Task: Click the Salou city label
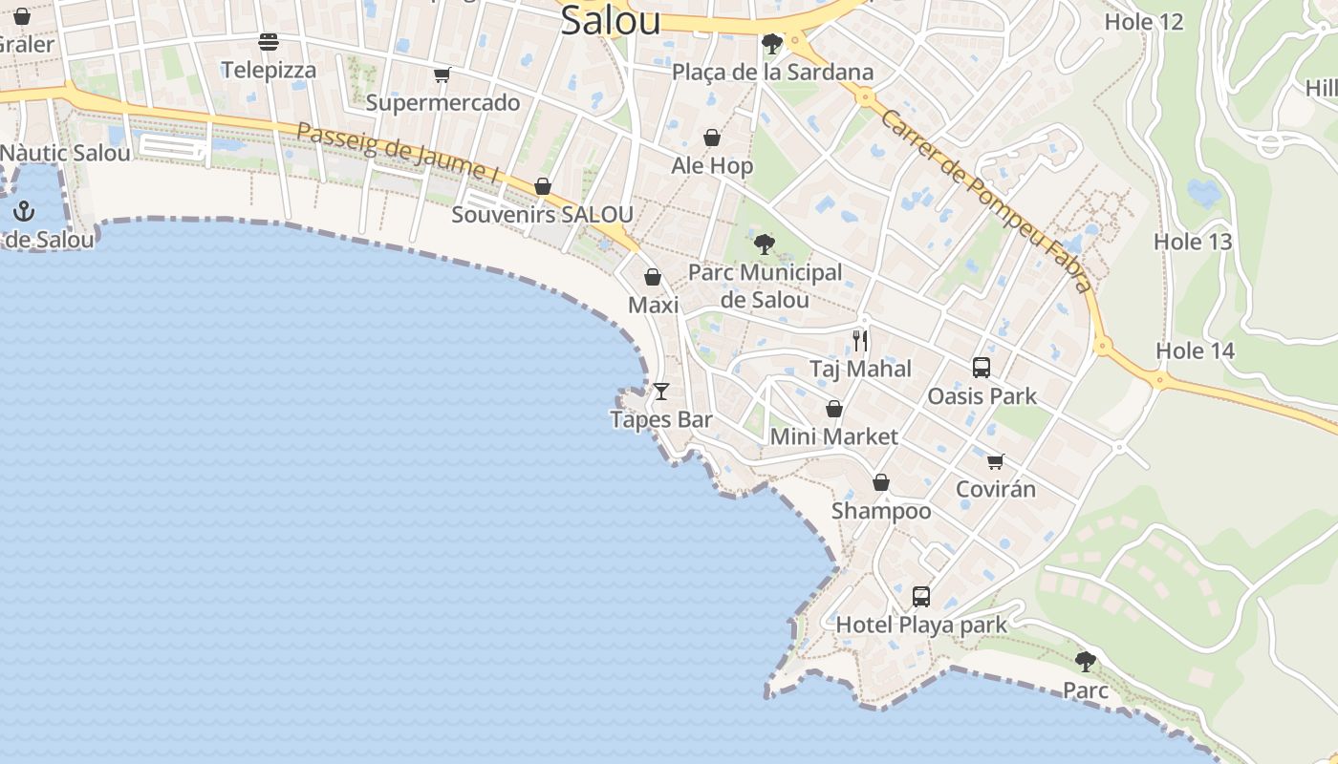click(610, 20)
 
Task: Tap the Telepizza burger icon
click(269, 42)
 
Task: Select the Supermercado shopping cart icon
click(442, 74)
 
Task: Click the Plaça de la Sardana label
click(772, 72)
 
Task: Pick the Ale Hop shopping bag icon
click(712, 138)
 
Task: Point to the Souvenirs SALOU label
click(542, 214)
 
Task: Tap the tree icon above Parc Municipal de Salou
click(764, 244)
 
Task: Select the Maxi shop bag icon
click(653, 278)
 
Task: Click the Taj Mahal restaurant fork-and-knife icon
click(860, 341)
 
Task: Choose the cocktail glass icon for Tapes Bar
click(660, 392)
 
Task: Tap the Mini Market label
click(834, 436)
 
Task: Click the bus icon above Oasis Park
click(982, 368)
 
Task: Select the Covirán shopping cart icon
click(996, 462)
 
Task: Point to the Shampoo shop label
click(881, 511)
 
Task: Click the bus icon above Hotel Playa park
click(921, 597)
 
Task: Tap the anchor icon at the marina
click(24, 212)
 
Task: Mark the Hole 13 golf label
click(1193, 242)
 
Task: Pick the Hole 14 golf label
click(1196, 350)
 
